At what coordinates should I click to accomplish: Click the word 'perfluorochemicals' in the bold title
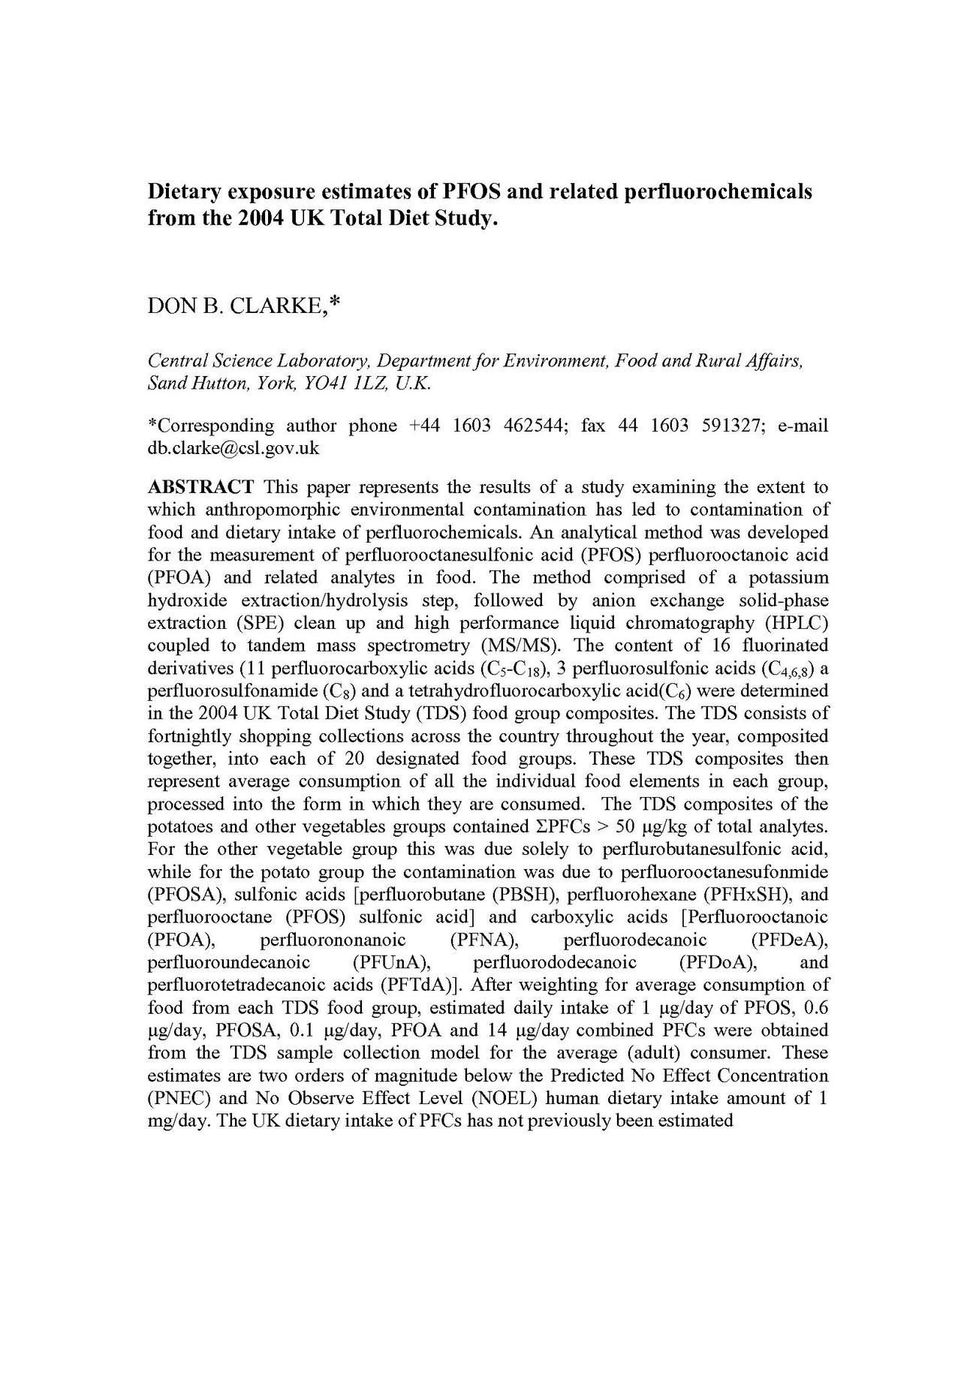click(718, 191)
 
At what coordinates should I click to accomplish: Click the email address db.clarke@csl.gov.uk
click(233, 448)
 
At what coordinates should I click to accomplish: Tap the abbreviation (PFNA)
click(480, 940)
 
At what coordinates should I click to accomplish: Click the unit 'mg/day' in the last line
click(174, 1121)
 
